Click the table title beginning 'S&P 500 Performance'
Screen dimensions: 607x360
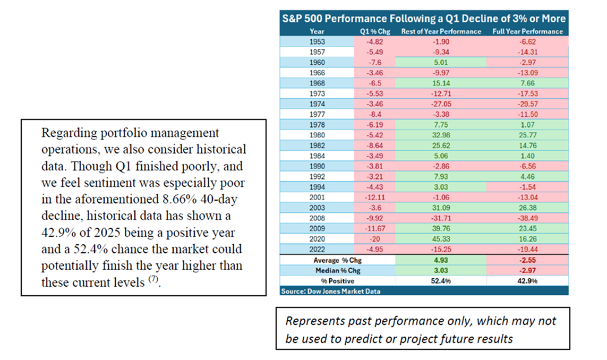click(424, 19)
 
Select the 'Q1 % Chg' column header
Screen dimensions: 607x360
click(375, 32)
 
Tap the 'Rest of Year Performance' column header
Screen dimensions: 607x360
click(441, 31)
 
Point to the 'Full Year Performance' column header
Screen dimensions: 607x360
click(528, 31)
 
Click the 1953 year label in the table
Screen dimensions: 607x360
click(317, 42)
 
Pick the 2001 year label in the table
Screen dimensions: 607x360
click(317, 198)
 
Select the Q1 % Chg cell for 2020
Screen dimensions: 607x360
click(375, 239)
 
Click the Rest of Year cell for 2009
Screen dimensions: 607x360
click(441, 228)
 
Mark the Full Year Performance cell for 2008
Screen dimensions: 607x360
click(528, 218)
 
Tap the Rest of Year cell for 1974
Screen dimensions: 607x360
click(441, 104)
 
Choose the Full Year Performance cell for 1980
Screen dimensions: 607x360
click(528, 135)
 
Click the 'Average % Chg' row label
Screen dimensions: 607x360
click(338, 260)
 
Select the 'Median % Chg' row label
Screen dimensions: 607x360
click(338, 271)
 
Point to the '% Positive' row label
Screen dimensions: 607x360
click(338, 281)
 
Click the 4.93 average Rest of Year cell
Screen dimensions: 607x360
click(441, 260)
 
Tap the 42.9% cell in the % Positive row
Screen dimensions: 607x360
click(528, 281)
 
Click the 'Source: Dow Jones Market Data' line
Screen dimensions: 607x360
click(331, 291)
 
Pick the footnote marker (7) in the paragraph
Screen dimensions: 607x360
click(153, 279)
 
